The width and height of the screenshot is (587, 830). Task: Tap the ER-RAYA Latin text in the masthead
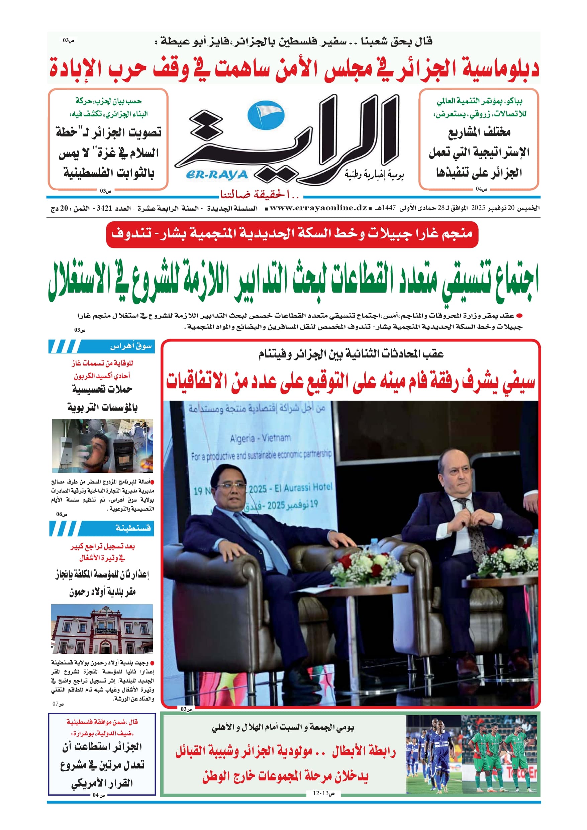click(x=217, y=175)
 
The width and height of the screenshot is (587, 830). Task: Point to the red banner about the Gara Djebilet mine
click(x=292, y=234)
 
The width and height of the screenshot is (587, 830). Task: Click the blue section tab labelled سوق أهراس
click(x=102, y=346)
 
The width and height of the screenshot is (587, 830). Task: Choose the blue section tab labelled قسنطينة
click(x=102, y=528)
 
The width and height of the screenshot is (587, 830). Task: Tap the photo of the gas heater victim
click(x=102, y=445)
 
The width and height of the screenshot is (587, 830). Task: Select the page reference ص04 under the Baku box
click(x=481, y=189)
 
